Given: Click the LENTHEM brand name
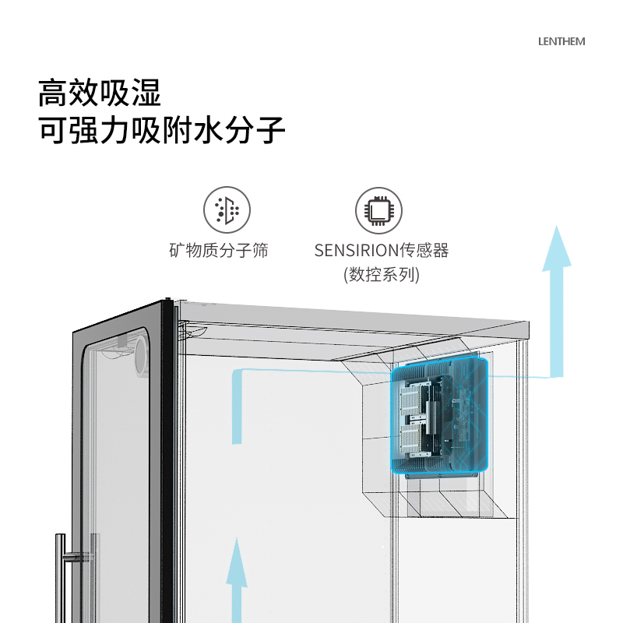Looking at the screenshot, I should pyautogui.click(x=561, y=41).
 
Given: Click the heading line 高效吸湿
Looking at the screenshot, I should pyautogui.click(x=100, y=93).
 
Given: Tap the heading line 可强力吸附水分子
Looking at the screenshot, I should pyautogui.click(x=162, y=130).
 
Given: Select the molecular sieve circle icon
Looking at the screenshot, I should pyautogui.click(x=227, y=210).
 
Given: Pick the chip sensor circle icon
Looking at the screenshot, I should pyautogui.click(x=379, y=210).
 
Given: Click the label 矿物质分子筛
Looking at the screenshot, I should pyautogui.click(x=219, y=251).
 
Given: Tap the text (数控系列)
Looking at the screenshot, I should pyautogui.click(x=382, y=275).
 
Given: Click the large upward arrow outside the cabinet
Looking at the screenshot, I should pyautogui.click(x=556, y=304).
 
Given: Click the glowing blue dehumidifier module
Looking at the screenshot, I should pyautogui.click(x=441, y=417).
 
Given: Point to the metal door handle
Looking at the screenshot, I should pyautogui.click(x=60, y=576).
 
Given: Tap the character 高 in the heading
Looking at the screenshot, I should pyautogui.click(x=53, y=93).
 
